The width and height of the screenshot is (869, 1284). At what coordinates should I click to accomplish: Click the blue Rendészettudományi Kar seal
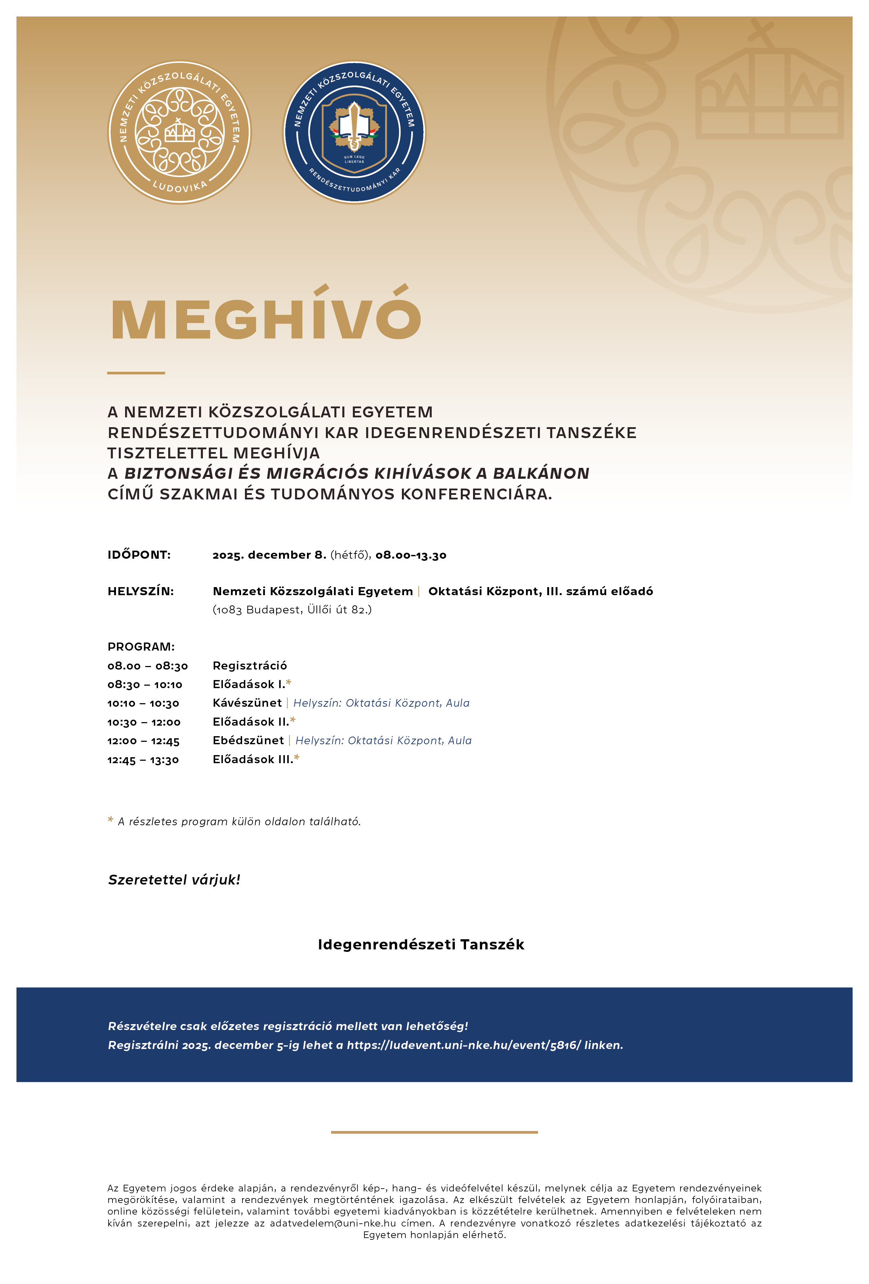(x=355, y=133)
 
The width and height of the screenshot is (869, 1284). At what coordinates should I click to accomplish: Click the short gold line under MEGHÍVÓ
(x=136, y=373)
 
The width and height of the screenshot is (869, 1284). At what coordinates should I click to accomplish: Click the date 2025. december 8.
(x=269, y=555)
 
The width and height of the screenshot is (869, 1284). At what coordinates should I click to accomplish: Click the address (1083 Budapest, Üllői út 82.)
(x=292, y=610)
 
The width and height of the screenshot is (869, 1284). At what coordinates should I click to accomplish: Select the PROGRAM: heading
(x=141, y=646)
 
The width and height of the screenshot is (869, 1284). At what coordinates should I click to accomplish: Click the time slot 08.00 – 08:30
(x=148, y=666)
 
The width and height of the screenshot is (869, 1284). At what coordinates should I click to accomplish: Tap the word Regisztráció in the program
(x=249, y=666)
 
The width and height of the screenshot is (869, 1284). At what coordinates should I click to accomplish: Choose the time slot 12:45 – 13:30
(x=143, y=760)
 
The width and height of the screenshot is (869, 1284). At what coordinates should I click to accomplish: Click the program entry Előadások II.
(x=251, y=721)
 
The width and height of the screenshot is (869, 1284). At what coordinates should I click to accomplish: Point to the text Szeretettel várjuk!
(x=174, y=880)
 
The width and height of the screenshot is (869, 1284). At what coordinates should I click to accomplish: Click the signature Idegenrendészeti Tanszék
(x=421, y=944)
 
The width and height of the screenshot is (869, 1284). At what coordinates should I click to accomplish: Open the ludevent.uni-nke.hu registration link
(x=464, y=1045)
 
